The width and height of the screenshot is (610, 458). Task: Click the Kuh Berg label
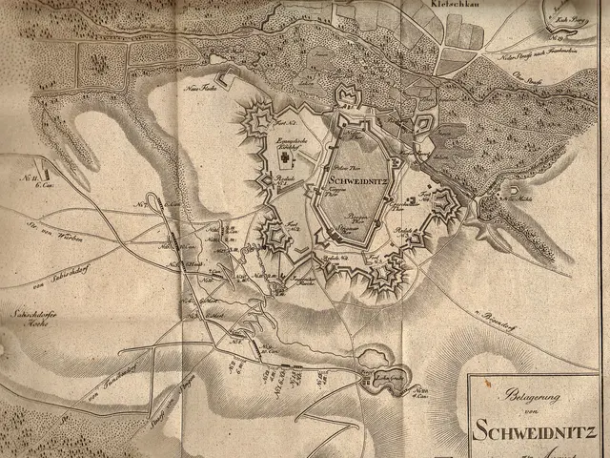tap(561, 19)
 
